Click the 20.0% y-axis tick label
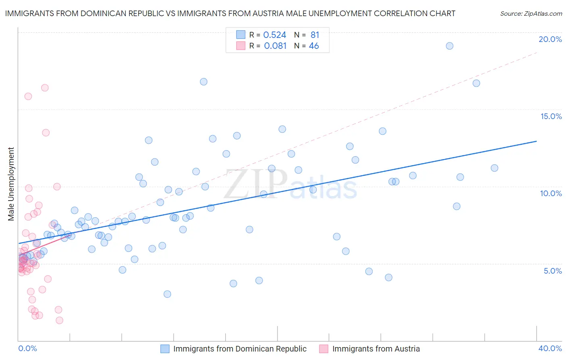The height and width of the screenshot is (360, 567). click(x=550, y=39)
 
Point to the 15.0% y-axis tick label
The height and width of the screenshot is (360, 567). click(x=551, y=116)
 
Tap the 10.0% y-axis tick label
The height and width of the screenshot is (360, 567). click(x=551, y=193)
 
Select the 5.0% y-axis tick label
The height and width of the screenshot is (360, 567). click(x=552, y=271)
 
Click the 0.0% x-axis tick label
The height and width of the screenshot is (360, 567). click(x=27, y=348)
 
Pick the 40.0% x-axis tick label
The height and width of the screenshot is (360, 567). click(x=550, y=348)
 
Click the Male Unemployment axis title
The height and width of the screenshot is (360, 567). click(x=11, y=184)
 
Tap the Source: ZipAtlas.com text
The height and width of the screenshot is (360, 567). click(x=531, y=13)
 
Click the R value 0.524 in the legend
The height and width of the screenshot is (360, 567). click(x=275, y=35)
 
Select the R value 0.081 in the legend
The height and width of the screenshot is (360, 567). click(x=275, y=46)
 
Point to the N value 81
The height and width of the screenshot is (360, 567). click(x=315, y=35)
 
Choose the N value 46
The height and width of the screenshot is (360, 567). click(x=314, y=46)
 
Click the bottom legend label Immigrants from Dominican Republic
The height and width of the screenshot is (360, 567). click(x=240, y=349)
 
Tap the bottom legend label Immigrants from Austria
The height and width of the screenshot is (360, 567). click(x=376, y=349)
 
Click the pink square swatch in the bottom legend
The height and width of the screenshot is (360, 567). click(x=323, y=349)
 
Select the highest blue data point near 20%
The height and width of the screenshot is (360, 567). click(x=450, y=46)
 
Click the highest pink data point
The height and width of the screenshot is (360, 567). click(x=45, y=88)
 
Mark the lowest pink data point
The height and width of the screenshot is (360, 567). click(x=59, y=320)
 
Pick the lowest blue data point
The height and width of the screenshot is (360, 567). click(x=167, y=294)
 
